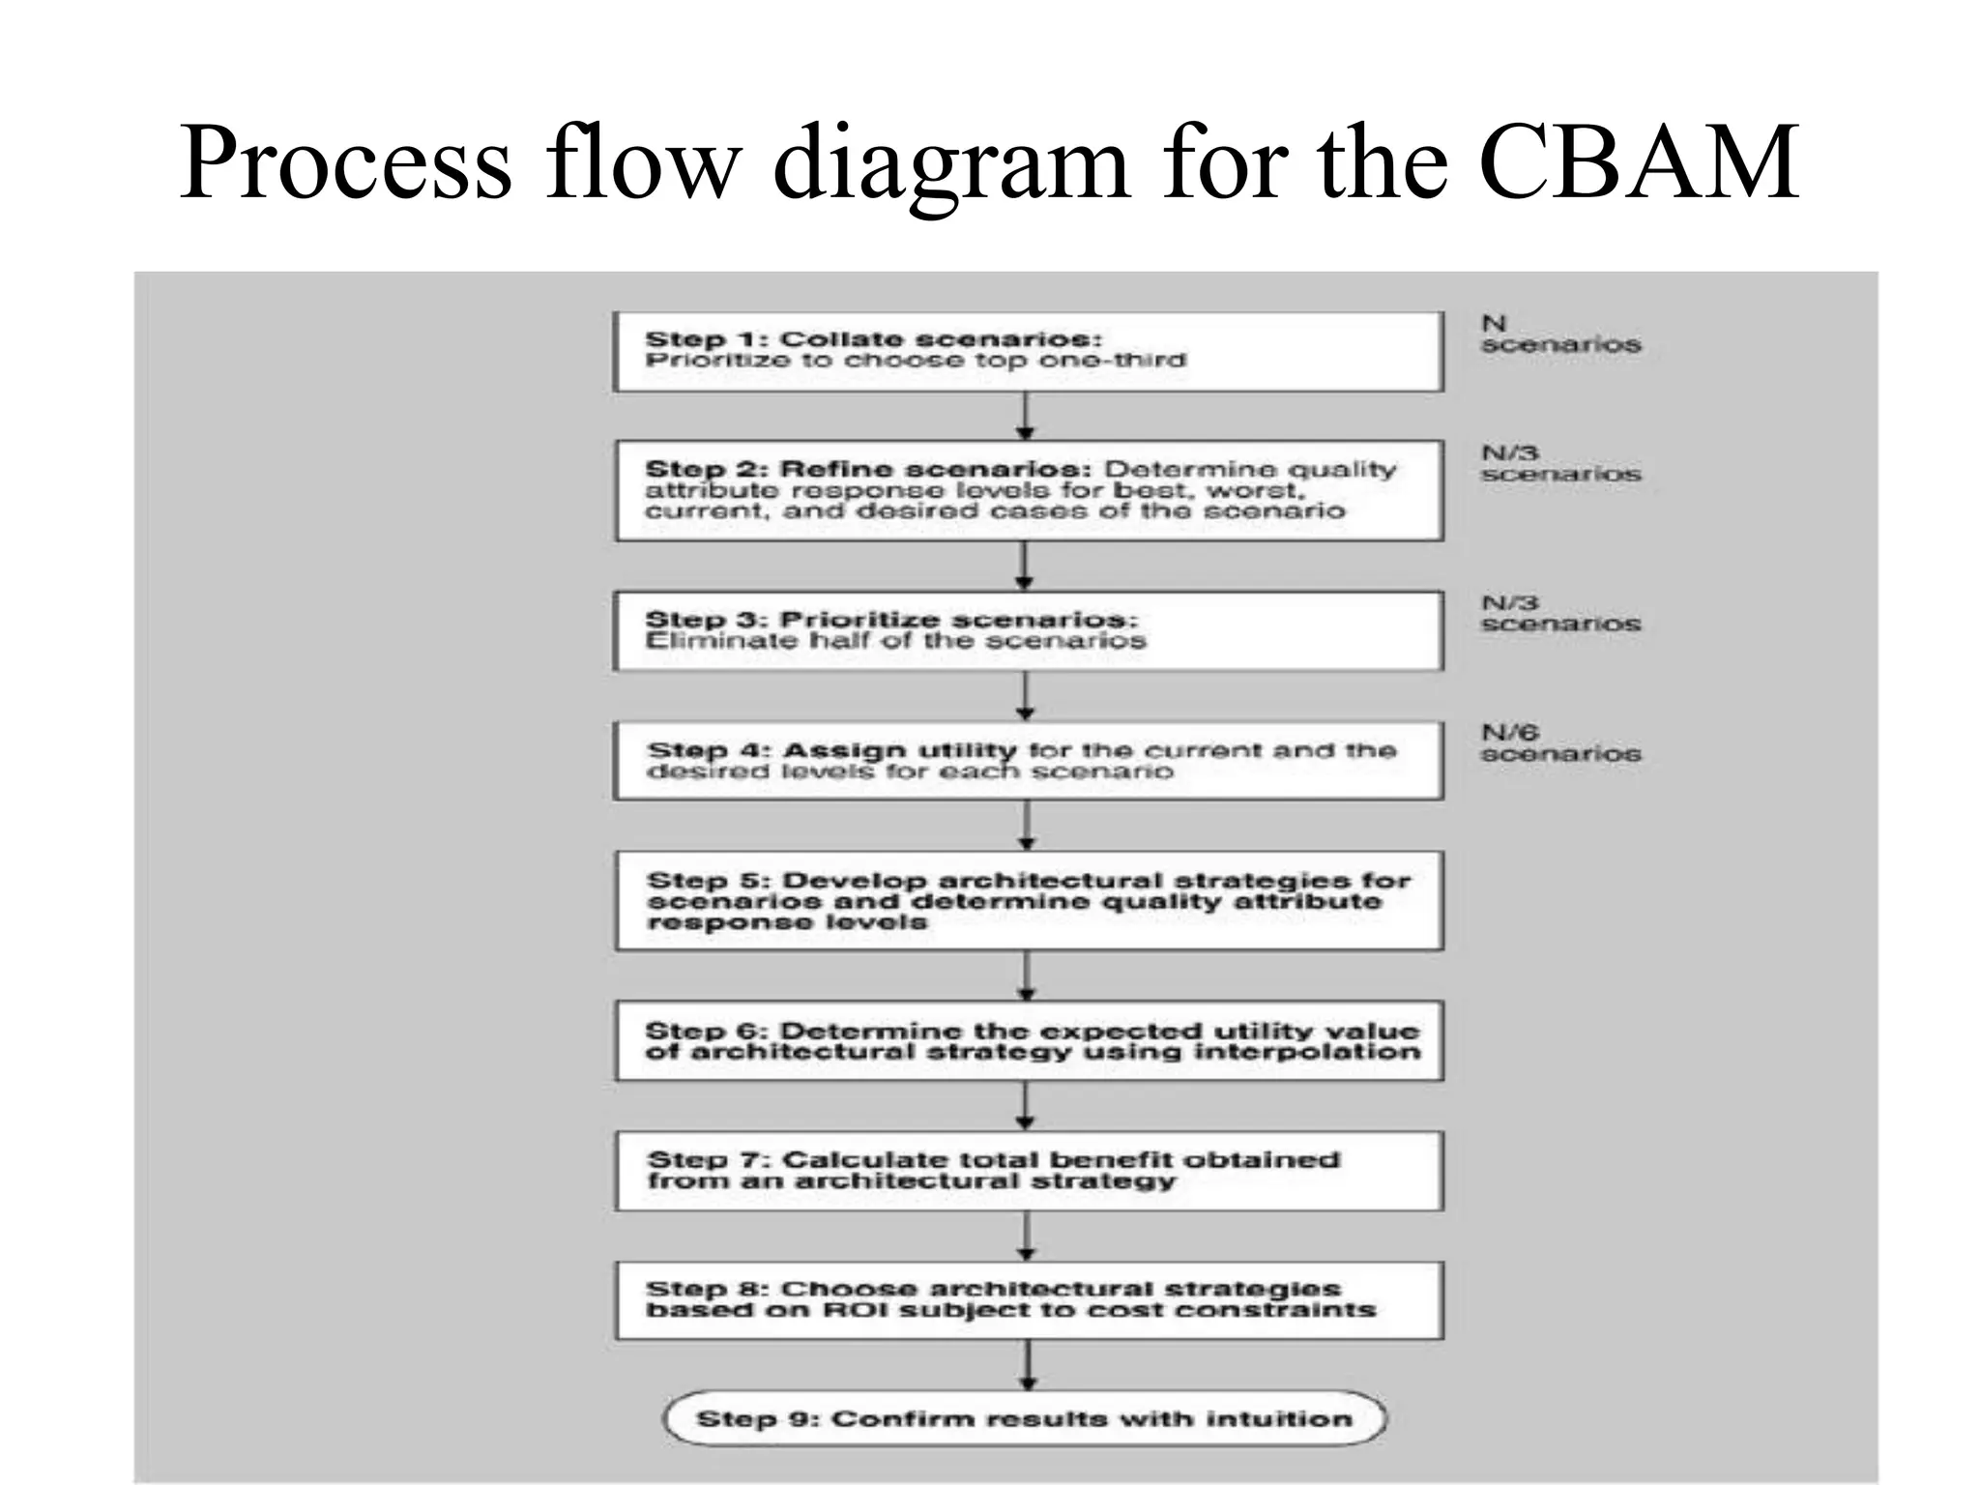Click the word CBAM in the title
click(x=1638, y=161)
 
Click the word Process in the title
click(x=345, y=161)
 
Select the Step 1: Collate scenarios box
click(x=1029, y=351)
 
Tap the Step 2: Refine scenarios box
click(x=1029, y=490)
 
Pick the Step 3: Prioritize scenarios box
click(x=1029, y=630)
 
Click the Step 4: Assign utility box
click(x=1029, y=761)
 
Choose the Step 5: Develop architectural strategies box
click(x=1029, y=901)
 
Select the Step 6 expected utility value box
click(x=1029, y=1041)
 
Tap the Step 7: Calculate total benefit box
click(x=1029, y=1171)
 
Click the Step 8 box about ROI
click(x=1029, y=1300)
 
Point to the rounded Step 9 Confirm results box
click(x=1025, y=1418)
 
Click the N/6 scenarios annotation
click(x=1559, y=743)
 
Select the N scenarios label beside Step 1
click(x=1559, y=335)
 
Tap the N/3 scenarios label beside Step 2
click(x=1559, y=464)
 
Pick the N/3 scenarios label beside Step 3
click(x=1559, y=614)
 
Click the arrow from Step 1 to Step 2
click(x=1026, y=416)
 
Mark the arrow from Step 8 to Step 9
click(x=1028, y=1365)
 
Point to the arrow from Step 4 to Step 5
click(x=1027, y=825)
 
